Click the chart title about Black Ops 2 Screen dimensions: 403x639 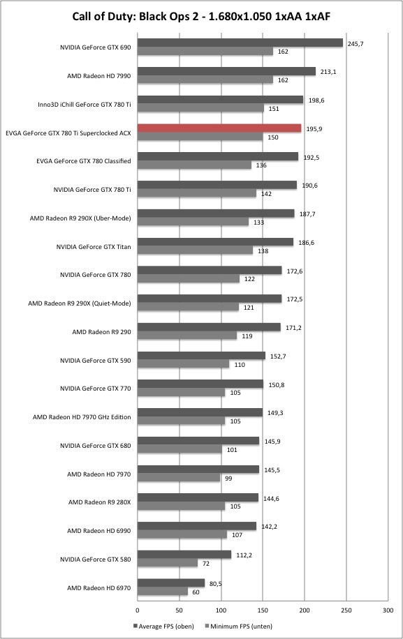pyautogui.click(x=201, y=16)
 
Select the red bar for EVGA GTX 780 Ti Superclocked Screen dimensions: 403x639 pyautogui.click(x=219, y=128)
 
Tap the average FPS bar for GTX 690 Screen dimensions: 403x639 pyautogui.click(x=240, y=43)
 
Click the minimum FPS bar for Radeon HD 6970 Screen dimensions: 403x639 pyautogui.click(x=162, y=592)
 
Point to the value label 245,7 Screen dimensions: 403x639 pyautogui.click(x=356, y=44)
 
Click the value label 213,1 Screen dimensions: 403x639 pyautogui.click(x=328, y=72)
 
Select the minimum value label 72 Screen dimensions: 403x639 pyautogui.click(x=206, y=564)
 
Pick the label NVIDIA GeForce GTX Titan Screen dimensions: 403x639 pyautogui.click(x=94, y=246)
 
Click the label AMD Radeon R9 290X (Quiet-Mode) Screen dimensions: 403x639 pyautogui.click(x=80, y=303)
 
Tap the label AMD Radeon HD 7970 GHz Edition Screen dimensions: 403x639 pyautogui.click(x=82, y=417)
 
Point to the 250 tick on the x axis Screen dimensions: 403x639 pyautogui.click(x=346, y=610)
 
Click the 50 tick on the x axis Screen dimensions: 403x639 pyautogui.click(x=179, y=610)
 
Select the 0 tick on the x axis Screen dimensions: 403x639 pyautogui.click(x=138, y=610)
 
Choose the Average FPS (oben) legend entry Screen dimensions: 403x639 pyautogui.click(x=163, y=626)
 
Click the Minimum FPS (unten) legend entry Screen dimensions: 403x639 pyautogui.click(x=239, y=626)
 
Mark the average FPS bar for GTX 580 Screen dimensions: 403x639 pyautogui.click(x=184, y=555)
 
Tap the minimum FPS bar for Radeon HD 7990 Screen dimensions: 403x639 pyautogui.click(x=205, y=80)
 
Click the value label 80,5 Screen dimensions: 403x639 pyautogui.click(x=215, y=584)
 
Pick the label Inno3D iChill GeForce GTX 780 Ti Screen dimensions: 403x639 pyautogui.click(x=85, y=105)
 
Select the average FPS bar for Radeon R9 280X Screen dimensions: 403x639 pyautogui.click(x=198, y=497)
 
